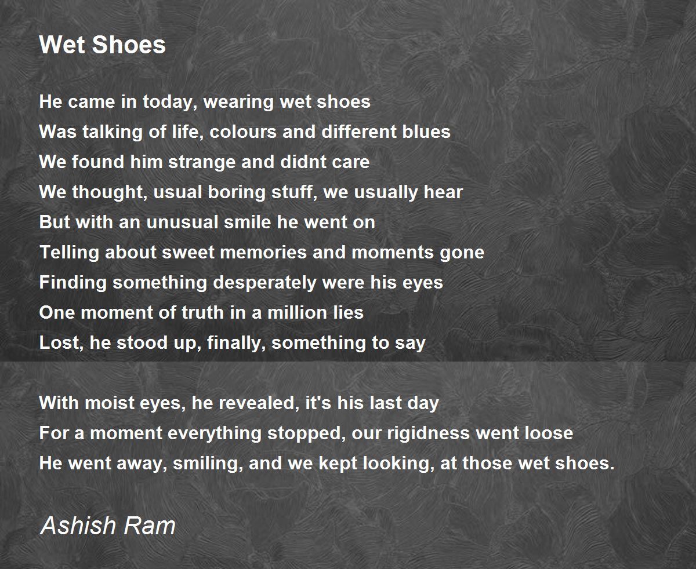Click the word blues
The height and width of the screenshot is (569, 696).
coord(426,132)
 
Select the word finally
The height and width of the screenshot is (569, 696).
coord(235,343)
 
